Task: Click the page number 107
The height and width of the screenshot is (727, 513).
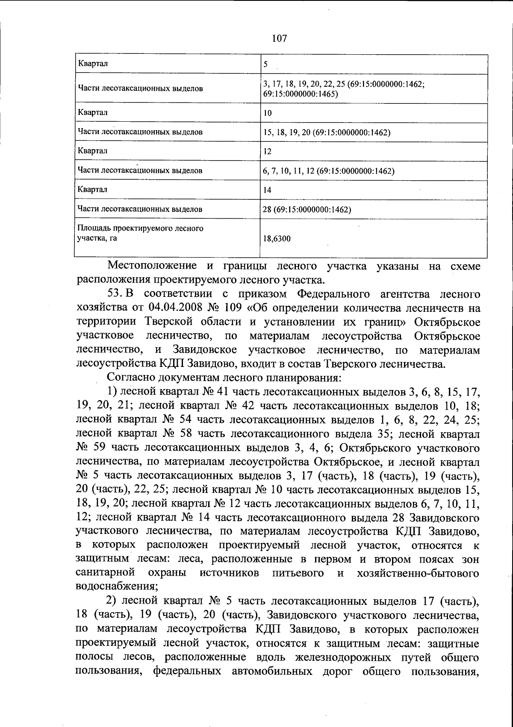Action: (x=279, y=38)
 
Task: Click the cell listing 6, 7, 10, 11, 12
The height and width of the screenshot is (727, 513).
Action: (x=328, y=171)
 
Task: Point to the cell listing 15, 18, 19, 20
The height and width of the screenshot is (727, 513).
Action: (x=327, y=133)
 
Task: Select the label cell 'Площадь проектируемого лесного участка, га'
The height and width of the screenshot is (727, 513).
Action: (x=140, y=233)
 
